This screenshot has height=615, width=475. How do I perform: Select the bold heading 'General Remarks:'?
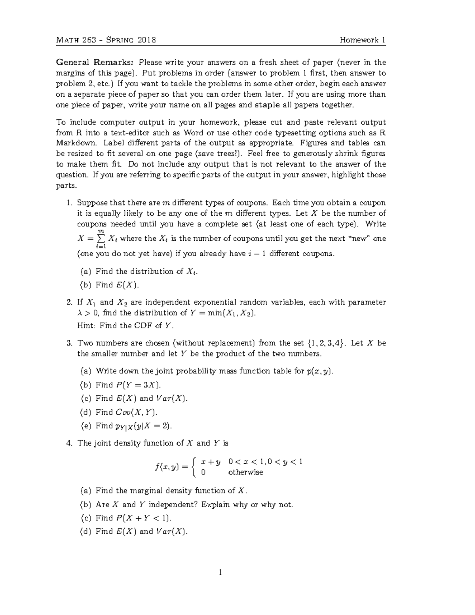coord(95,62)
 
